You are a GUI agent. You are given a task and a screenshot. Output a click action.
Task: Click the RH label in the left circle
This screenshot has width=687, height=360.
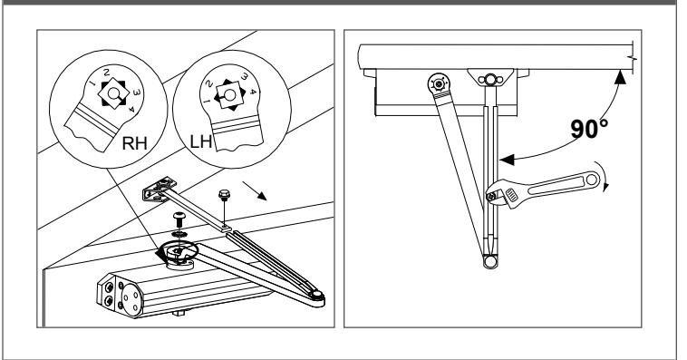(x=134, y=143)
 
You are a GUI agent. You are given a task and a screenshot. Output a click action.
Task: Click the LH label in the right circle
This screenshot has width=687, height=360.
(x=200, y=141)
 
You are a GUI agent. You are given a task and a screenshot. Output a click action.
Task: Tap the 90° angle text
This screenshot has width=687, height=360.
(x=589, y=129)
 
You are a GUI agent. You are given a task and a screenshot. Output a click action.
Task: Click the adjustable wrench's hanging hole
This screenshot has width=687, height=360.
(x=592, y=179)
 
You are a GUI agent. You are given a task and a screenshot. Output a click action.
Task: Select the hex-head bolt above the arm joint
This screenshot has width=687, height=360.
(x=225, y=193)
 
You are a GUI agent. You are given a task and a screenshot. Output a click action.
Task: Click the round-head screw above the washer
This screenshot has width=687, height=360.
(x=179, y=218)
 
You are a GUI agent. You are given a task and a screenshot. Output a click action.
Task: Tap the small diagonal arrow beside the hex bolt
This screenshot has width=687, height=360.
(x=255, y=190)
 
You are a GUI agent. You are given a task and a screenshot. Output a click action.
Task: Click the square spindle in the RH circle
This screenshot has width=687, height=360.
(x=113, y=93)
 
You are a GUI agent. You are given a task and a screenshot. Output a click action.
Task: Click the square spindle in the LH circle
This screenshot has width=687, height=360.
(x=229, y=94)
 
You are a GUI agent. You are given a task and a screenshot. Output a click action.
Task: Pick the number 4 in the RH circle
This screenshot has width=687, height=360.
(x=131, y=110)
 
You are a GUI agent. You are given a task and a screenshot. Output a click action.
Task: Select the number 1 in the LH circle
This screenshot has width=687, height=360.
(x=208, y=102)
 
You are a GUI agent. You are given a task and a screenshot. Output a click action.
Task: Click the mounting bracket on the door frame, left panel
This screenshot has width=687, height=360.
(x=159, y=189)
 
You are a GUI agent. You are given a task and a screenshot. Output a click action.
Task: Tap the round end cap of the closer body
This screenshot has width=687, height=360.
(x=131, y=297)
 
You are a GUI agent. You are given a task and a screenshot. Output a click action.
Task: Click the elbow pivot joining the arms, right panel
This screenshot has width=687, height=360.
(x=490, y=262)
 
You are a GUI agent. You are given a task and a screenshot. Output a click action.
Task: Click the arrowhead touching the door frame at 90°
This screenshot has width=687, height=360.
(x=620, y=77)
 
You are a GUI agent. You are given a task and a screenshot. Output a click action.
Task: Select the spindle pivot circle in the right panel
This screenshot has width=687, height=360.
(x=439, y=83)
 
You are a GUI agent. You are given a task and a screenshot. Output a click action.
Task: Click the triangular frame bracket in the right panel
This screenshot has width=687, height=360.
(x=490, y=79)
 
